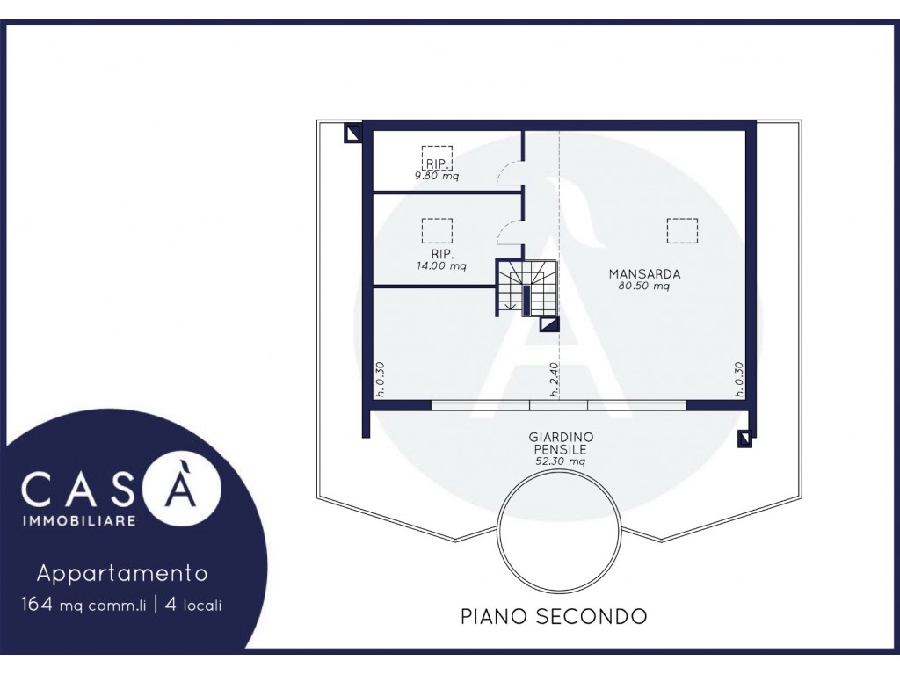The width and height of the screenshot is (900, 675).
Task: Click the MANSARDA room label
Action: (x=644, y=274)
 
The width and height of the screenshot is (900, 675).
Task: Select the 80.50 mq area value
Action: (x=644, y=286)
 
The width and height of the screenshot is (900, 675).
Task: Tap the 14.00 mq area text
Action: (x=441, y=265)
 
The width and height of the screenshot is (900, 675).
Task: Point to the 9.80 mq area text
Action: (x=437, y=176)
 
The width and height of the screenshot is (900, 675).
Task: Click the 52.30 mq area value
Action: (x=560, y=461)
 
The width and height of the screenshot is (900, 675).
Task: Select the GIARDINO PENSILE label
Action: (x=561, y=443)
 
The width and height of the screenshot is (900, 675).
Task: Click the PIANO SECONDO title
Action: (x=554, y=616)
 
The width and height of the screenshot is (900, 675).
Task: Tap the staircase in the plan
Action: (x=526, y=287)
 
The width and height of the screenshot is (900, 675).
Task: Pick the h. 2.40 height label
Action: (x=554, y=380)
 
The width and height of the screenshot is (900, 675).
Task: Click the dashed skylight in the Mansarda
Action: (x=682, y=231)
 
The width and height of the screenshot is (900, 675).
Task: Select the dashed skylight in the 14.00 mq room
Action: (x=437, y=231)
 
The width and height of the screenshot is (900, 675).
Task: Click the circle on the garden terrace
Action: (x=558, y=531)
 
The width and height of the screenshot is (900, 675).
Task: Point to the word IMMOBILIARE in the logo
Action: (x=78, y=521)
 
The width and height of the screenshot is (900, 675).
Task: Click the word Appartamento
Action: (x=122, y=573)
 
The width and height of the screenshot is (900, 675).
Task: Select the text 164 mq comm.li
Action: (x=83, y=605)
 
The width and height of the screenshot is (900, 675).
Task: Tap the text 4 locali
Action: (x=193, y=605)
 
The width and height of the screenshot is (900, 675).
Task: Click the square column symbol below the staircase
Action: (x=549, y=325)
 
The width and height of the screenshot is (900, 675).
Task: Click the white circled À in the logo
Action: (x=183, y=489)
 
